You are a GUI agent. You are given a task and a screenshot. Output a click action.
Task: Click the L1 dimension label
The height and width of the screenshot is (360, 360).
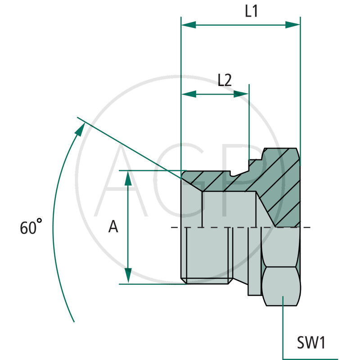[251, 12]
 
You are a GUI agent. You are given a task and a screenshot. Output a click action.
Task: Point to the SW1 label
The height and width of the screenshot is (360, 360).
[310, 343]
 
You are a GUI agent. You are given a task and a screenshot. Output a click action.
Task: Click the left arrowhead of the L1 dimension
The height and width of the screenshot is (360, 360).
[188, 25]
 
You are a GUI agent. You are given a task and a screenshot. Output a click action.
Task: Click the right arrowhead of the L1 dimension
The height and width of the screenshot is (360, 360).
[292, 25]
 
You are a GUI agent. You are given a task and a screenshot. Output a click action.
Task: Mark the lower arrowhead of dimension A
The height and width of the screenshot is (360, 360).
[128, 275]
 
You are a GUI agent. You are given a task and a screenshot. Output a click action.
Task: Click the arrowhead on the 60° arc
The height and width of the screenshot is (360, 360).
[80, 130]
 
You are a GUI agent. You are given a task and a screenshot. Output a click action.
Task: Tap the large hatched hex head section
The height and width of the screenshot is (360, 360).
[279, 184]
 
